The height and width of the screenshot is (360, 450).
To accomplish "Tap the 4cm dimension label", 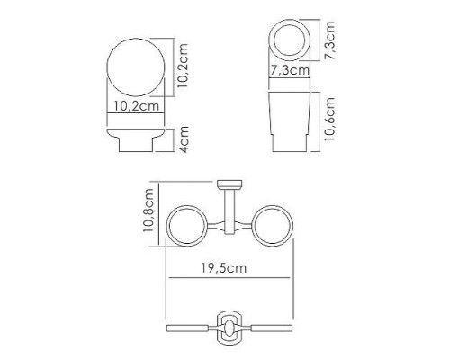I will point(184,141).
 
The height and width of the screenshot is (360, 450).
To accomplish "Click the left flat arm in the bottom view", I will point(192,324).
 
